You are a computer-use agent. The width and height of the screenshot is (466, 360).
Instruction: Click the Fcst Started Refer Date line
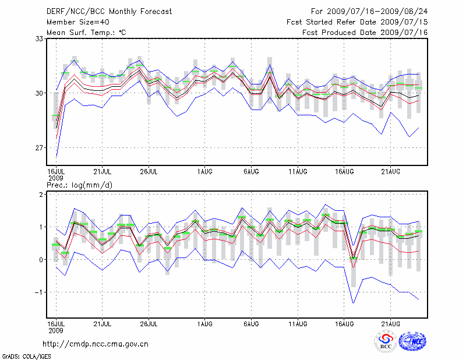[x=357, y=22]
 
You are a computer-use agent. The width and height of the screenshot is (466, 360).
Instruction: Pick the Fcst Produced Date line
[x=365, y=33]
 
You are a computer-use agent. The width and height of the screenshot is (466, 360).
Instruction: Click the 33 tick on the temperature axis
[x=39, y=38]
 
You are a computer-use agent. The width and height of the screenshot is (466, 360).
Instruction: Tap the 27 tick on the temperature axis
[x=39, y=148]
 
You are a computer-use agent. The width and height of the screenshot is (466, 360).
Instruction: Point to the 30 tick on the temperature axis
[x=39, y=93]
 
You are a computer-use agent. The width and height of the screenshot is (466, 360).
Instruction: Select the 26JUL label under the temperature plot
[x=149, y=171]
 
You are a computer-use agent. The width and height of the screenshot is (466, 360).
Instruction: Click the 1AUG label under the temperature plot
[x=204, y=171]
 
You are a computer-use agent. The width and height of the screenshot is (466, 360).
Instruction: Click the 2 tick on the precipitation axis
[x=41, y=194]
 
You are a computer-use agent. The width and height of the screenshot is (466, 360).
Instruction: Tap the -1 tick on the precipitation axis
[x=40, y=292]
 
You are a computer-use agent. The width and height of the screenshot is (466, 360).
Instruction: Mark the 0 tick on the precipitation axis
[x=41, y=260]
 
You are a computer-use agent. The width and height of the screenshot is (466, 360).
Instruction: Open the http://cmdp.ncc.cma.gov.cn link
[x=96, y=344]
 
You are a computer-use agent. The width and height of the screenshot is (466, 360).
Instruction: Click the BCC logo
[x=386, y=342]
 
